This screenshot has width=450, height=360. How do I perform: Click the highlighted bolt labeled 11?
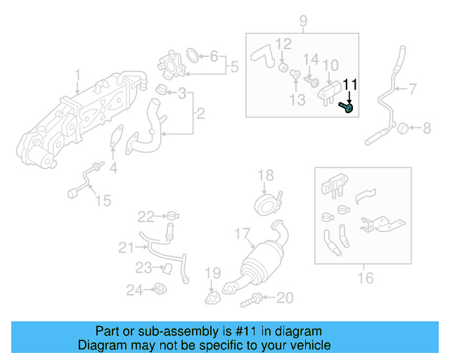click(346, 107)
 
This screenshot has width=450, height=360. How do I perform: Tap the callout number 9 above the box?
click(303, 20)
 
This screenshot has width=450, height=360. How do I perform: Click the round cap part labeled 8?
click(403, 128)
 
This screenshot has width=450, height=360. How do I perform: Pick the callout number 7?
click(413, 88)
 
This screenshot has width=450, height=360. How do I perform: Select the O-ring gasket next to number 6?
click(192, 55)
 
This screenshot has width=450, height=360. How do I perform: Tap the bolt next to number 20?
click(250, 301)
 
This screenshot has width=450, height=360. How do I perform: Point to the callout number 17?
click(242, 233)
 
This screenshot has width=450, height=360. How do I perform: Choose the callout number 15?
click(103, 201)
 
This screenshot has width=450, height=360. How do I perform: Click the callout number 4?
click(113, 168)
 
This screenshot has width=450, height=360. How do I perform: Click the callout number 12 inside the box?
click(283, 44)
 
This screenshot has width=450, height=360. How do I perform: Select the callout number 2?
click(200, 113)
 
